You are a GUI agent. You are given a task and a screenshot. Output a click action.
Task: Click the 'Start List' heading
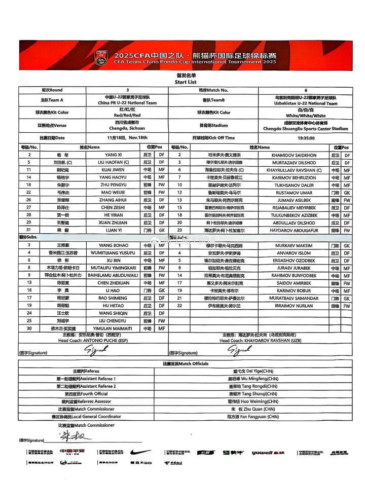[185, 82]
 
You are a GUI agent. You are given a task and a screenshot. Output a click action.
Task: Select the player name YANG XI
[113, 155]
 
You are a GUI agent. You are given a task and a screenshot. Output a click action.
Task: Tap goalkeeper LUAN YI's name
[113, 230]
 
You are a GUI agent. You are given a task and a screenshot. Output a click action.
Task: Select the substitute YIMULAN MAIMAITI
[113, 328]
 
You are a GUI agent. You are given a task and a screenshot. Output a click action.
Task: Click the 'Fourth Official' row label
[86, 393]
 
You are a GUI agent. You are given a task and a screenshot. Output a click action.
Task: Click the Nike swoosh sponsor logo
[140, 452]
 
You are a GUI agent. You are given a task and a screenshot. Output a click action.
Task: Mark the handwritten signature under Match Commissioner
[71, 436]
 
